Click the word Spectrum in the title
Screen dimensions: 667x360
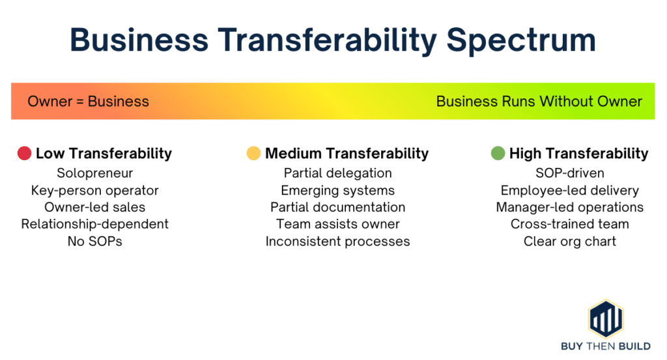pos(521,41)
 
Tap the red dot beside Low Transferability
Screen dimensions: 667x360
pos(24,153)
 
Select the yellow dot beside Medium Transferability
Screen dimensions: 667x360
pos(253,153)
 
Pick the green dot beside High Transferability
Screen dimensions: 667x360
pos(498,153)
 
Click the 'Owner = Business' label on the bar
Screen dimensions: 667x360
pos(88,102)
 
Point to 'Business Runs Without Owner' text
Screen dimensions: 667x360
pos(539,102)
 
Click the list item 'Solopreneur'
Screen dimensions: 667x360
pos(95,173)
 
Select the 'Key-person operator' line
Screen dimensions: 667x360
pos(95,190)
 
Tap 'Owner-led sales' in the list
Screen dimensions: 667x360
pos(95,207)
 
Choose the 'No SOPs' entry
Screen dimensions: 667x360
pos(95,242)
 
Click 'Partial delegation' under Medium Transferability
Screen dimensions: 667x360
pos(338,173)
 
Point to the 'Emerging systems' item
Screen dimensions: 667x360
pos(338,190)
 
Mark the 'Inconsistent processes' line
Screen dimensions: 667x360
pos(338,242)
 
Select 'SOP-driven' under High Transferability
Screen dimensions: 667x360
pos(569,173)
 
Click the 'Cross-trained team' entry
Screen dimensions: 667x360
pos(569,224)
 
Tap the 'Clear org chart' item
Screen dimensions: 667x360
pos(569,242)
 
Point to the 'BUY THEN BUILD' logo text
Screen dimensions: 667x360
pos(606,346)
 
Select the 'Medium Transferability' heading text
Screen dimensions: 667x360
pos(347,154)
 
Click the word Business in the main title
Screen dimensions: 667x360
pos(139,40)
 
